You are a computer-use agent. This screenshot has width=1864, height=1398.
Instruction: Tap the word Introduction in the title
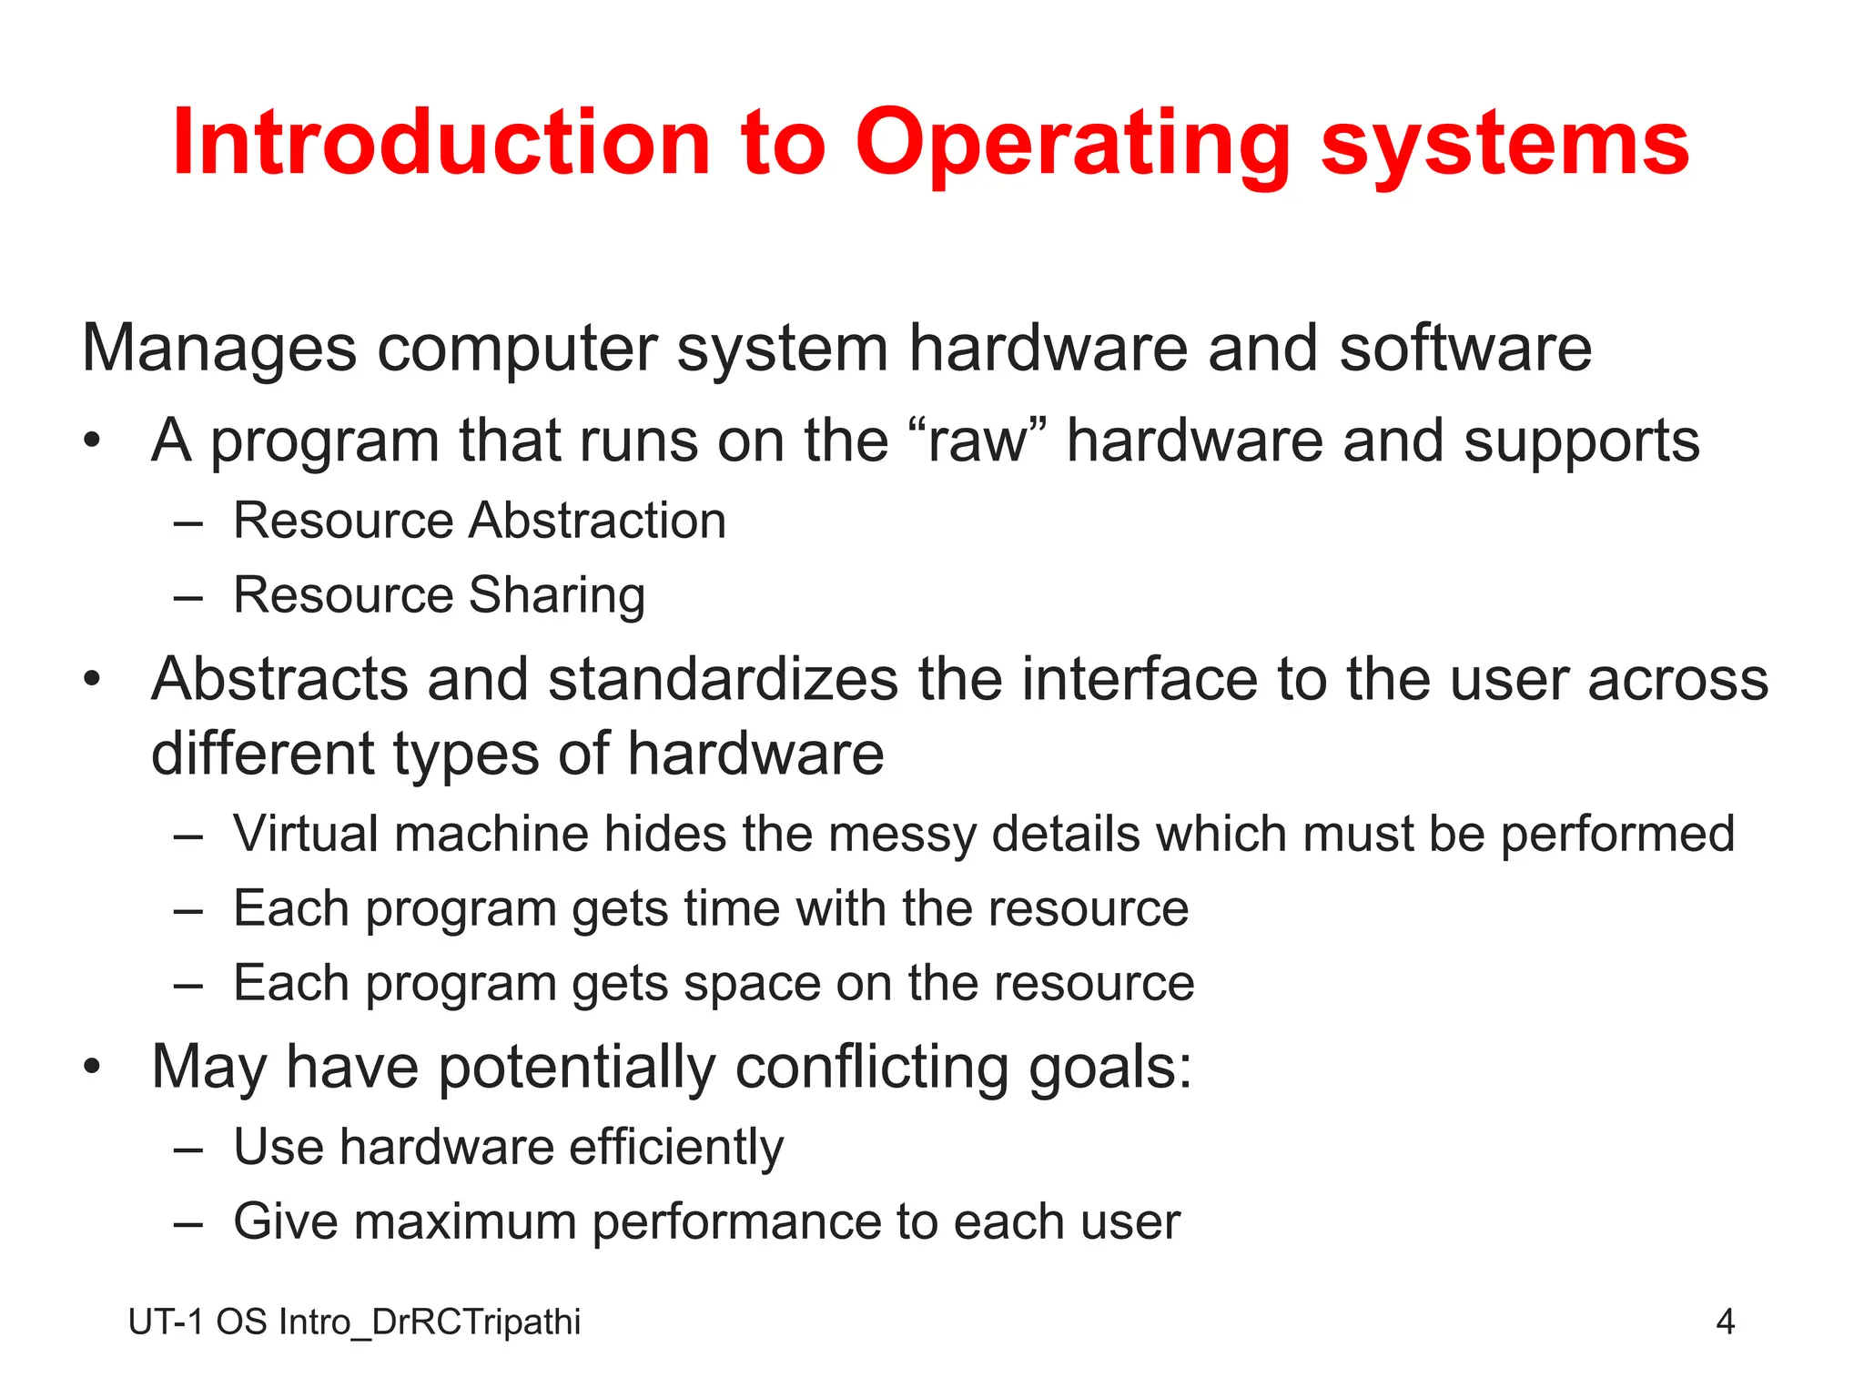pos(441,144)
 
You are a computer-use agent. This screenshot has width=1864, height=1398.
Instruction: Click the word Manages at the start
pos(218,349)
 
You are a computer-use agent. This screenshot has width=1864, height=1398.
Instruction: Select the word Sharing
pos(557,596)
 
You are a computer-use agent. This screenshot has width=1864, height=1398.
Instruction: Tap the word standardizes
pos(724,680)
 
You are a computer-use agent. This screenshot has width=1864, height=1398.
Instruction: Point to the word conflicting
pos(872,1067)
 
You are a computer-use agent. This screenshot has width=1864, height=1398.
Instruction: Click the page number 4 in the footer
pos(1725,1322)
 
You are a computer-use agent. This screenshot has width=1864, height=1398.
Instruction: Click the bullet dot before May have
pos(91,1067)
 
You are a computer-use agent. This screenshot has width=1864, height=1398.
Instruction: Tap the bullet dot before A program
pos(91,442)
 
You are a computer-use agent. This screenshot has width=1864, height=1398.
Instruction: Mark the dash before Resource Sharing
pos(187,598)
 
